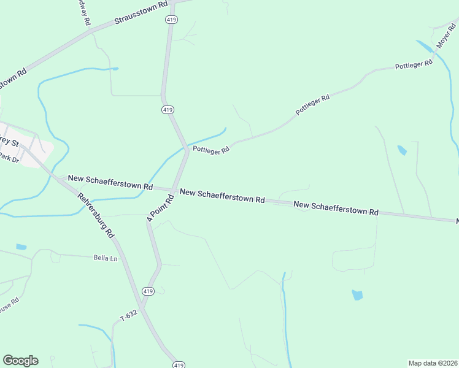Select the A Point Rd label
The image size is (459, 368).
click(x=157, y=209)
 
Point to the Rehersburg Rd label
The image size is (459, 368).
click(x=96, y=215)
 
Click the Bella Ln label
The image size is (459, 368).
click(x=105, y=258)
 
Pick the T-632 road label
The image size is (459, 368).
click(x=128, y=315)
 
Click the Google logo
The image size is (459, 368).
click(x=20, y=361)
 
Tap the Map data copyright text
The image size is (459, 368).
click(x=433, y=362)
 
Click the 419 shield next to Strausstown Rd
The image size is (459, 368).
click(x=171, y=20)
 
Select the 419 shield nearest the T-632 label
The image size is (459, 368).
click(x=148, y=291)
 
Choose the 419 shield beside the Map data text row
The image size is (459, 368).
click(x=179, y=364)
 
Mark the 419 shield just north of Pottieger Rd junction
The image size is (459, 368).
click(x=168, y=109)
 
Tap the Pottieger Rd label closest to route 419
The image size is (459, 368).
click(x=210, y=149)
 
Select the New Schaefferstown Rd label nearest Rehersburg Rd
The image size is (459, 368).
click(x=110, y=182)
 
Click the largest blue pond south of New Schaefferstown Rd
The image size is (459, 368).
click(x=357, y=295)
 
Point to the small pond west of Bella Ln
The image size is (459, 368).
click(x=21, y=247)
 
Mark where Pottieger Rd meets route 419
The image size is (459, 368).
click(x=187, y=149)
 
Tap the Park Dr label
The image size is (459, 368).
click(x=9, y=158)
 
